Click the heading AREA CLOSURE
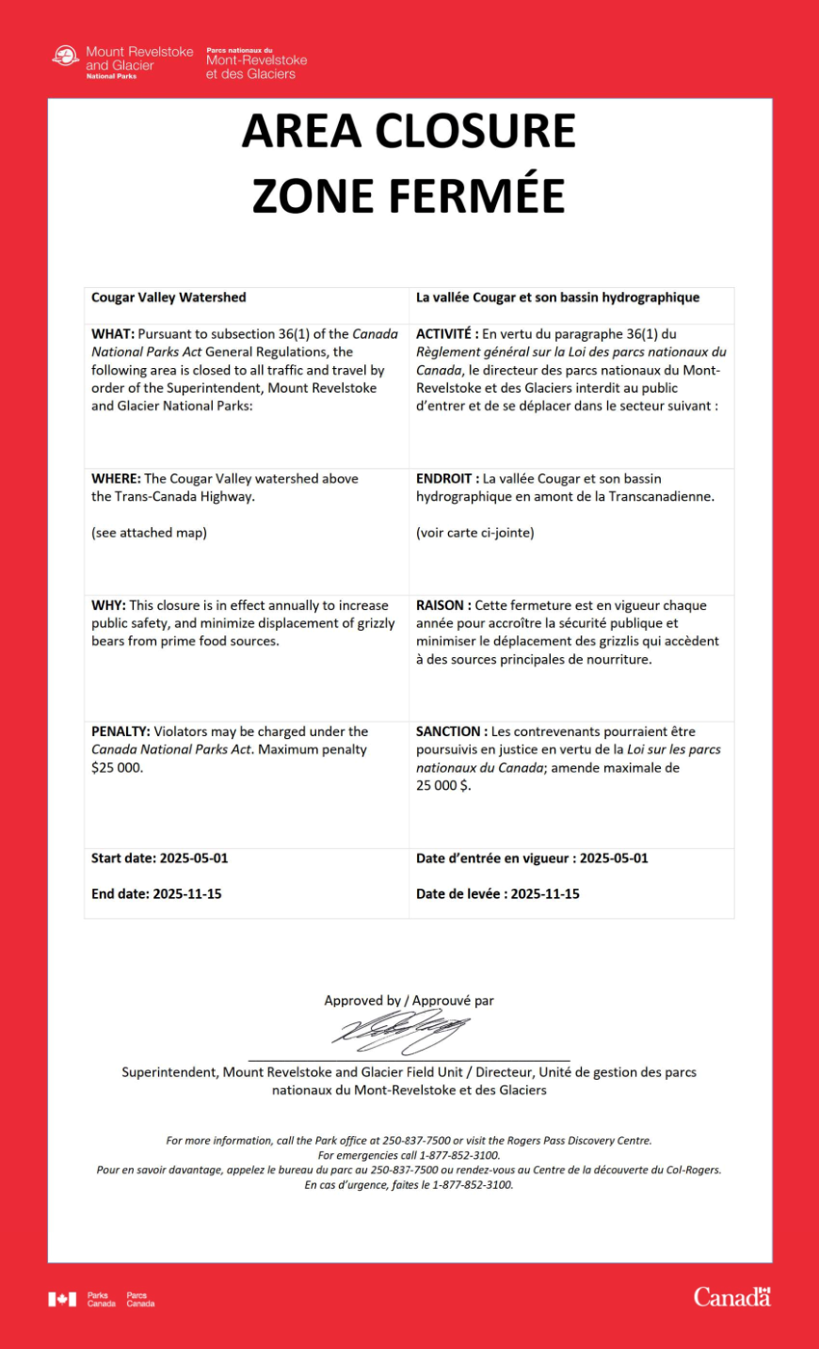tap(409, 131)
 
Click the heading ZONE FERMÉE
tap(409, 196)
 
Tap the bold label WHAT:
tap(113, 334)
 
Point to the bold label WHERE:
tap(116, 479)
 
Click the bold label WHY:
tap(108, 605)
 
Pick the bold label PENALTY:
tap(120, 731)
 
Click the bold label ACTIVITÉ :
tap(447, 334)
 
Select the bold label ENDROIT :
tap(447, 479)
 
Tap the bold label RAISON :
tap(443, 605)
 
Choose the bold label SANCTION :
tap(452, 731)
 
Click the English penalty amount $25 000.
tap(118, 768)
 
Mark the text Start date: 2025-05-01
tap(159, 859)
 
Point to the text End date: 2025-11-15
tap(156, 894)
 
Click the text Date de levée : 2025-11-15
tap(498, 894)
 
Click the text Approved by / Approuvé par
tap(409, 1001)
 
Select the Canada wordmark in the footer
tap(731, 1297)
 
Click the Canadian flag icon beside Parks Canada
tap(62, 1300)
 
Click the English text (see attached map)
tap(149, 533)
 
